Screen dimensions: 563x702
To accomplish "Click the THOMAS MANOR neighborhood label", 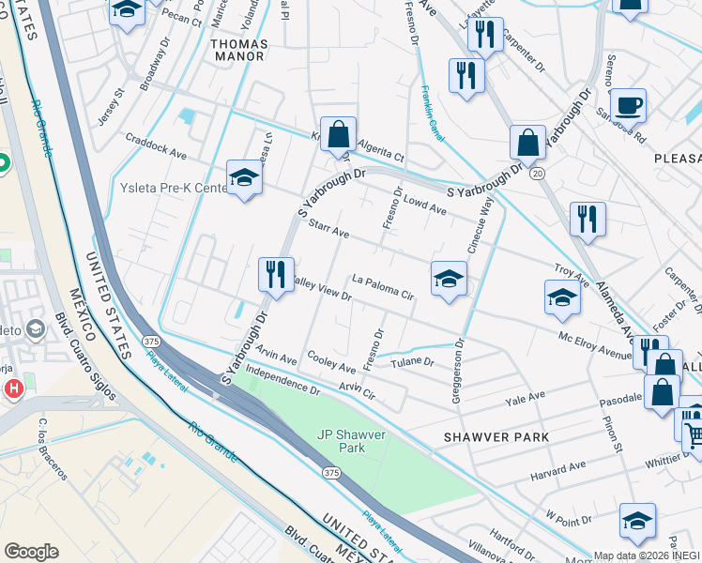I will (x=238, y=50).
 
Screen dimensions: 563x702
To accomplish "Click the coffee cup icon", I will (x=627, y=105).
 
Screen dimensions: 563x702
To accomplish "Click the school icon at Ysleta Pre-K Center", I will (x=244, y=178).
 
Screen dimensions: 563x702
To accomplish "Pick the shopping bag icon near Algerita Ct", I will (x=338, y=134).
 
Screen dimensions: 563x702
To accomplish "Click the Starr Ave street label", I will (x=328, y=232).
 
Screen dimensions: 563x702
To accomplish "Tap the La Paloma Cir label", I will (x=383, y=286).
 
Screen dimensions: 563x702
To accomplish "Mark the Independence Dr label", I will (x=282, y=382).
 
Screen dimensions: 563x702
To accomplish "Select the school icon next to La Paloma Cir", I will (x=450, y=279).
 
